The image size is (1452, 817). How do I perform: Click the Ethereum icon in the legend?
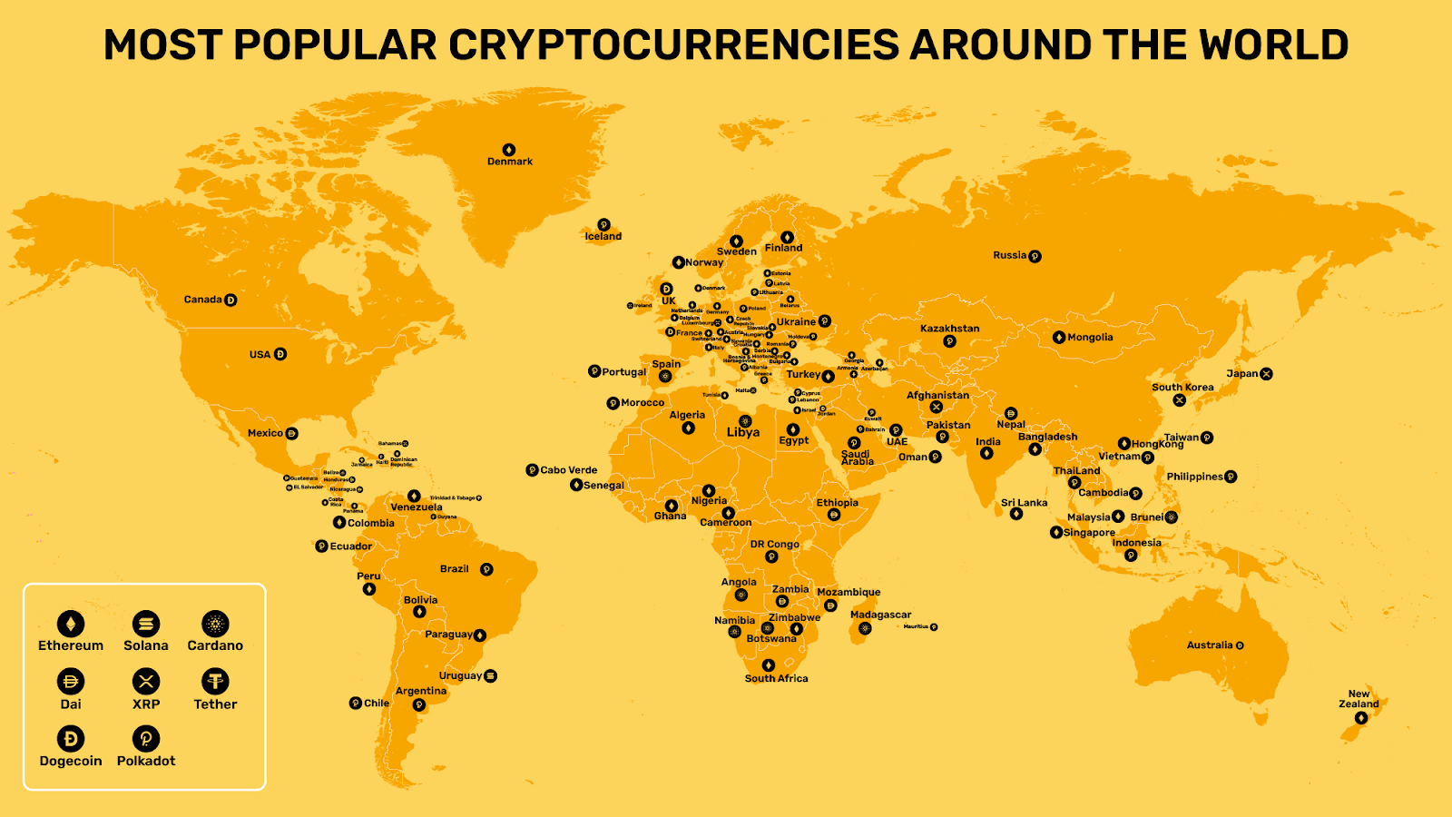point(71,624)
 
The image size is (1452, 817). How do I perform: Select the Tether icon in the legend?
point(215,681)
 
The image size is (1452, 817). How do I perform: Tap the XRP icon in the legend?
point(146,681)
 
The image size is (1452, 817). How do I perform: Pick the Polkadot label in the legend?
point(146,761)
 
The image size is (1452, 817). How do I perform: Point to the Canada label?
point(202,300)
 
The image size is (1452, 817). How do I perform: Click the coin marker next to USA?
point(280,354)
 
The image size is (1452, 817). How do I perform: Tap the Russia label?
point(1009,255)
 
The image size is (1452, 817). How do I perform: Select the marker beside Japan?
point(1266,374)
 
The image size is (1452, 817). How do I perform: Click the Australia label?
point(1210,645)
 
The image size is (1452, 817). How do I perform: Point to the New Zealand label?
point(1359,699)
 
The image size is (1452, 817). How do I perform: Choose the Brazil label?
point(455,569)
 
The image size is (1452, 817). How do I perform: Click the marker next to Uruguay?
point(491,675)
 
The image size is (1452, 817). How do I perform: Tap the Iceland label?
point(603,237)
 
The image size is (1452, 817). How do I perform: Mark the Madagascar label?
point(880,615)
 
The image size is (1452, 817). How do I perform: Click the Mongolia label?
point(1090,338)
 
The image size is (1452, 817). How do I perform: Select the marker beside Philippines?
point(1231,477)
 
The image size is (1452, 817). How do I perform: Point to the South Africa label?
point(776,678)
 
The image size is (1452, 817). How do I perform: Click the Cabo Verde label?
point(569,470)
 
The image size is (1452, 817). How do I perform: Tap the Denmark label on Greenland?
point(510,162)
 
